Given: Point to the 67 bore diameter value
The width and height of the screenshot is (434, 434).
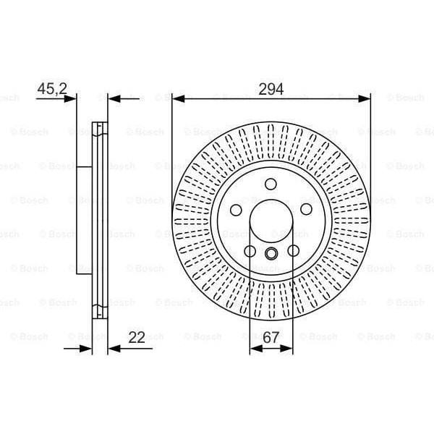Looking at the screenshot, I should pos(271,338).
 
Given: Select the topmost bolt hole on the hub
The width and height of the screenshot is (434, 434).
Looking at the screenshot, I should pos(271,184).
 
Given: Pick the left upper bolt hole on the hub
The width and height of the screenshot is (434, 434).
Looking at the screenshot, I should pos(236,210).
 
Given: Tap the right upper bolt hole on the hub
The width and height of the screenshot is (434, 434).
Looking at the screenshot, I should pos(307,210).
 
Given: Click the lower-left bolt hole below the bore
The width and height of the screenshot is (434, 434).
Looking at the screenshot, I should pos(250,251).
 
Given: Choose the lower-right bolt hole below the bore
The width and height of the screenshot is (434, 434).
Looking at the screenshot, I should pos(293,251).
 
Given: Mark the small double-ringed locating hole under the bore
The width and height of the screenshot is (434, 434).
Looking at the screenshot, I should pos(271,253).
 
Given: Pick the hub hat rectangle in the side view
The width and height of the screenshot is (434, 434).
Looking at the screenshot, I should pos(84,219).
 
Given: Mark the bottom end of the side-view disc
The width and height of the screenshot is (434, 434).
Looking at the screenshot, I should pos(101,312).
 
